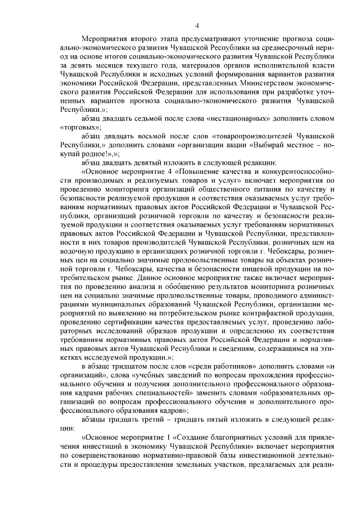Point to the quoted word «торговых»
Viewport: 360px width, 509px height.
tap(77, 128)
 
